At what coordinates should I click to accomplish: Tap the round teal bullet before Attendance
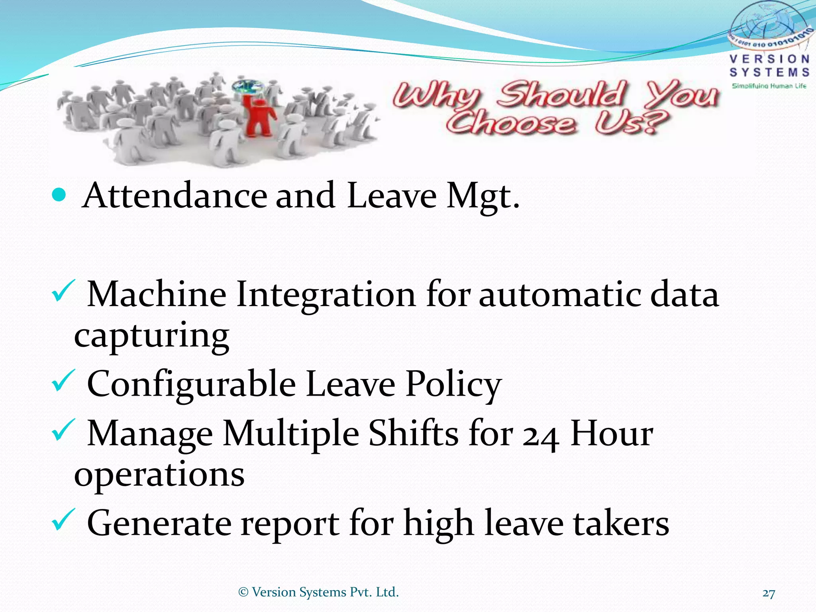coord(59,195)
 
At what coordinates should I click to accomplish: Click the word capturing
coord(152,336)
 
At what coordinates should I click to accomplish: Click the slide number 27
coord(769,593)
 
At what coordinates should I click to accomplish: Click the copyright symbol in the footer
coord(243,592)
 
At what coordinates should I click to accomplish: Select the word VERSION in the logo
coord(769,59)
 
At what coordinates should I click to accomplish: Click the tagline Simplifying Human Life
coord(769,86)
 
